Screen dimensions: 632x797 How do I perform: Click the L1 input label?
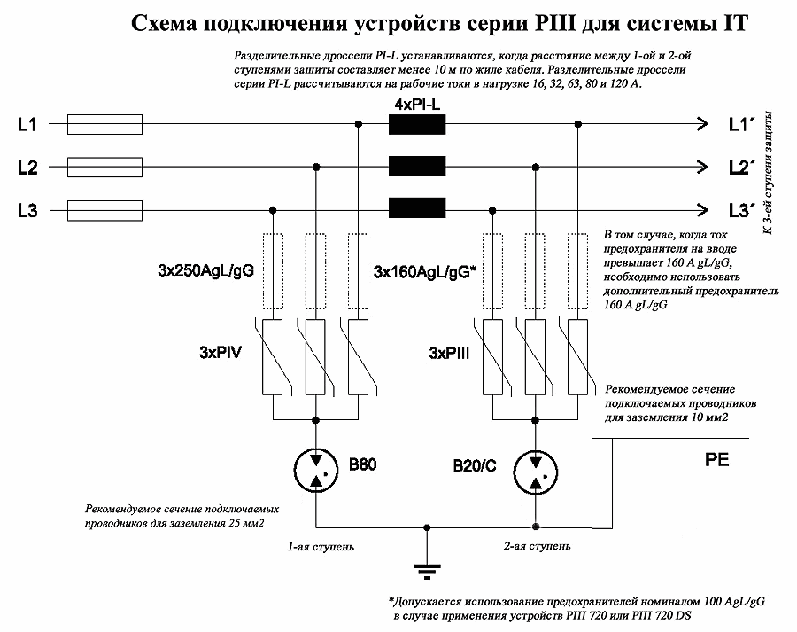click(x=27, y=125)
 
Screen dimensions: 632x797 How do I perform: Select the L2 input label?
click(x=27, y=167)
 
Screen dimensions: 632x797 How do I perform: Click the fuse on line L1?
click(x=104, y=125)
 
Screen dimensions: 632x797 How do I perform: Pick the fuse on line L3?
click(x=104, y=210)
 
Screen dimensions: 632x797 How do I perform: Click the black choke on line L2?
click(x=416, y=166)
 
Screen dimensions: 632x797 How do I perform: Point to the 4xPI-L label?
click(x=417, y=105)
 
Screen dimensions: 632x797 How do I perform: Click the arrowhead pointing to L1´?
click(x=702, y=124)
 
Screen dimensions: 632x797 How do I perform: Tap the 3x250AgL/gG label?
click(x=206, y=270)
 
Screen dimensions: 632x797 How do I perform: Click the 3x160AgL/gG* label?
click(x=426, y=270)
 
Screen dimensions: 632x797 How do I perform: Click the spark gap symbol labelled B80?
click(x=315, y=467)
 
